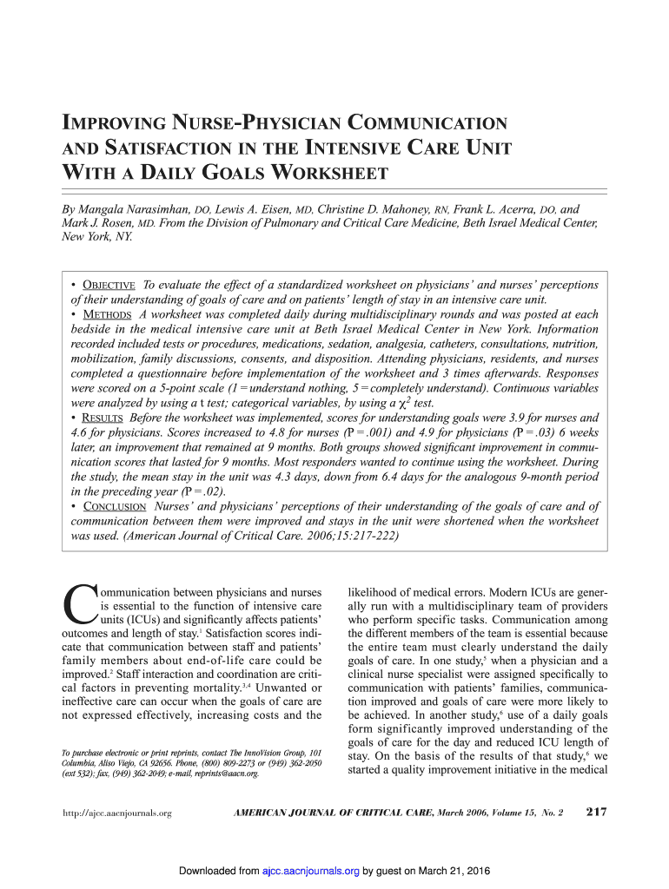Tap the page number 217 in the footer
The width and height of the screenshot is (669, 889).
click(x=596, y=812)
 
